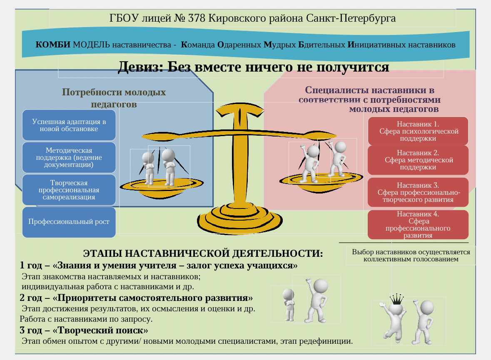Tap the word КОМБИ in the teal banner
(x=53, y=45)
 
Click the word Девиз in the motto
(x=138, y=67)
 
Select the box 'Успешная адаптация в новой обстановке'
(x=69, y=125)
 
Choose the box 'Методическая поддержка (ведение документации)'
(x=69, y=157)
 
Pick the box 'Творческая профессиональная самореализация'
(x=69, y=190)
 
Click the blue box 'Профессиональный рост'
(x=69, y=222)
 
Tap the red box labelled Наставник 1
(x=418, y=131)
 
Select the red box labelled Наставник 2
(x=418, y=160)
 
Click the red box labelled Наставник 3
(x=418, y=192)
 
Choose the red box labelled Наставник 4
(x=418, y=225)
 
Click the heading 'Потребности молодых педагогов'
(x=114, y=98)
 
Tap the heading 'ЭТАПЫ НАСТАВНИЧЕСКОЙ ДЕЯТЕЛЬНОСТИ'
(x=203, y=253)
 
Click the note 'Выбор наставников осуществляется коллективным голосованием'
(x=411, y=256)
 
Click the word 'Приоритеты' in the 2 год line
(x=87, y=298)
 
